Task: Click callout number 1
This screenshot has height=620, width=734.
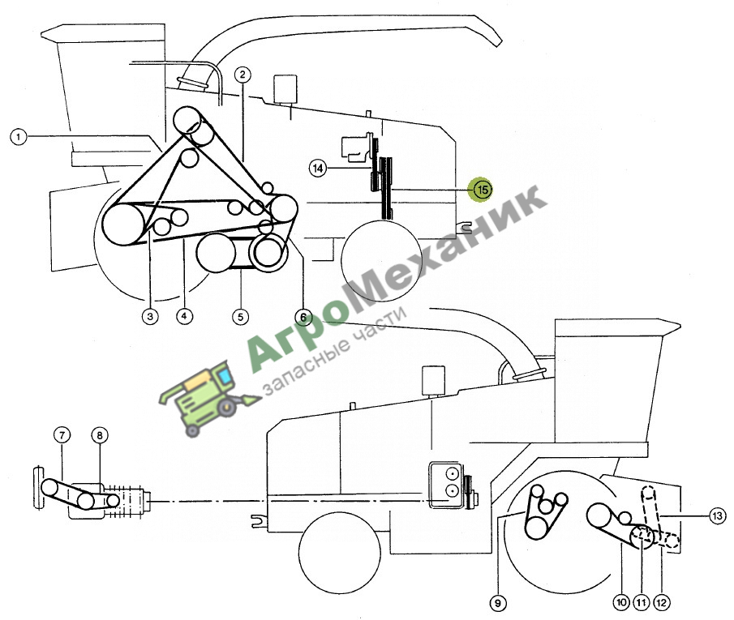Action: pos(19,137)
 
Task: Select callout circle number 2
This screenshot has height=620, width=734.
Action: pos(243,75)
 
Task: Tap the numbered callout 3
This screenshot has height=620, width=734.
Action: pos(150,316)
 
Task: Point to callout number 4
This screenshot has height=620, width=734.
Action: pos(184,316)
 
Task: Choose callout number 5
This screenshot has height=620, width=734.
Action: pos(241,317)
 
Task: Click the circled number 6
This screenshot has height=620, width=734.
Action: pos(303,317)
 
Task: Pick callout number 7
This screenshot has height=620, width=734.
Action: pos(62,435)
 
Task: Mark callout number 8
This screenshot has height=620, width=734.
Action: pos(100,436)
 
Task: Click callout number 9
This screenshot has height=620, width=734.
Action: pos(498,603)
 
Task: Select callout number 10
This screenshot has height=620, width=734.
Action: pos(621,601)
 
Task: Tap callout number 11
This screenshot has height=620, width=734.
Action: pos(642,602)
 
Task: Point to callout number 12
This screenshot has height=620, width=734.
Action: pos(662,602)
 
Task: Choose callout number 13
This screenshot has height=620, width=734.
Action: pos(718,516)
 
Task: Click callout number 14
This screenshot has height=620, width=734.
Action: pos(318,168)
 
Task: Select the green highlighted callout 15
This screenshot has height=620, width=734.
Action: pos(483,190)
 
